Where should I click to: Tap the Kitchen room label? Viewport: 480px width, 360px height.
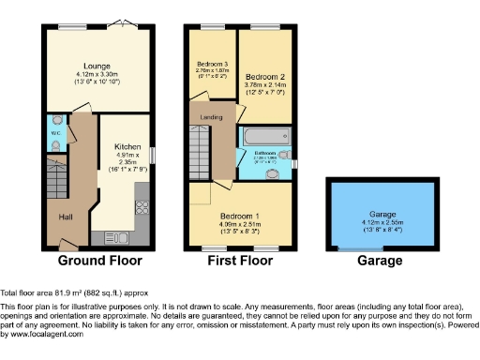[x=127, y=147]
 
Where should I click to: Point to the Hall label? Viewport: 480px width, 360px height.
[x=67, y=217]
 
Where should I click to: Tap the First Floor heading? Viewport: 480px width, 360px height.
[x=240, y=261]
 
